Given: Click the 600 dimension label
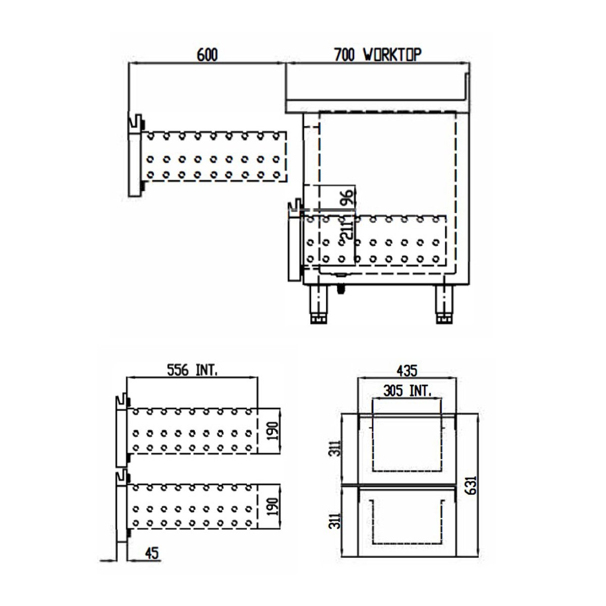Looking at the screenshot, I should point(207,55).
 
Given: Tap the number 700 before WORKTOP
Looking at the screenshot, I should point(345,55).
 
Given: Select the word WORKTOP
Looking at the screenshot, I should point(392,55).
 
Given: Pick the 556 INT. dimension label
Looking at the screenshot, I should point(192,371).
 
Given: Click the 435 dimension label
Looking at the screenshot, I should point(407,371).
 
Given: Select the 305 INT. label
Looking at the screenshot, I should point(407,390).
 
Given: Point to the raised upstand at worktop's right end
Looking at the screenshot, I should point(468,86).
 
